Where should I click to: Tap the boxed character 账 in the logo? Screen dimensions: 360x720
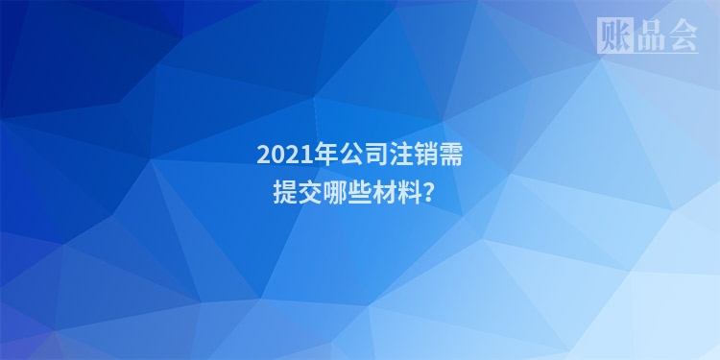613,36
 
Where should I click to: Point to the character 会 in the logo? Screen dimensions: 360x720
682,36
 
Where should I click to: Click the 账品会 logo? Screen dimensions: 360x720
647,36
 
